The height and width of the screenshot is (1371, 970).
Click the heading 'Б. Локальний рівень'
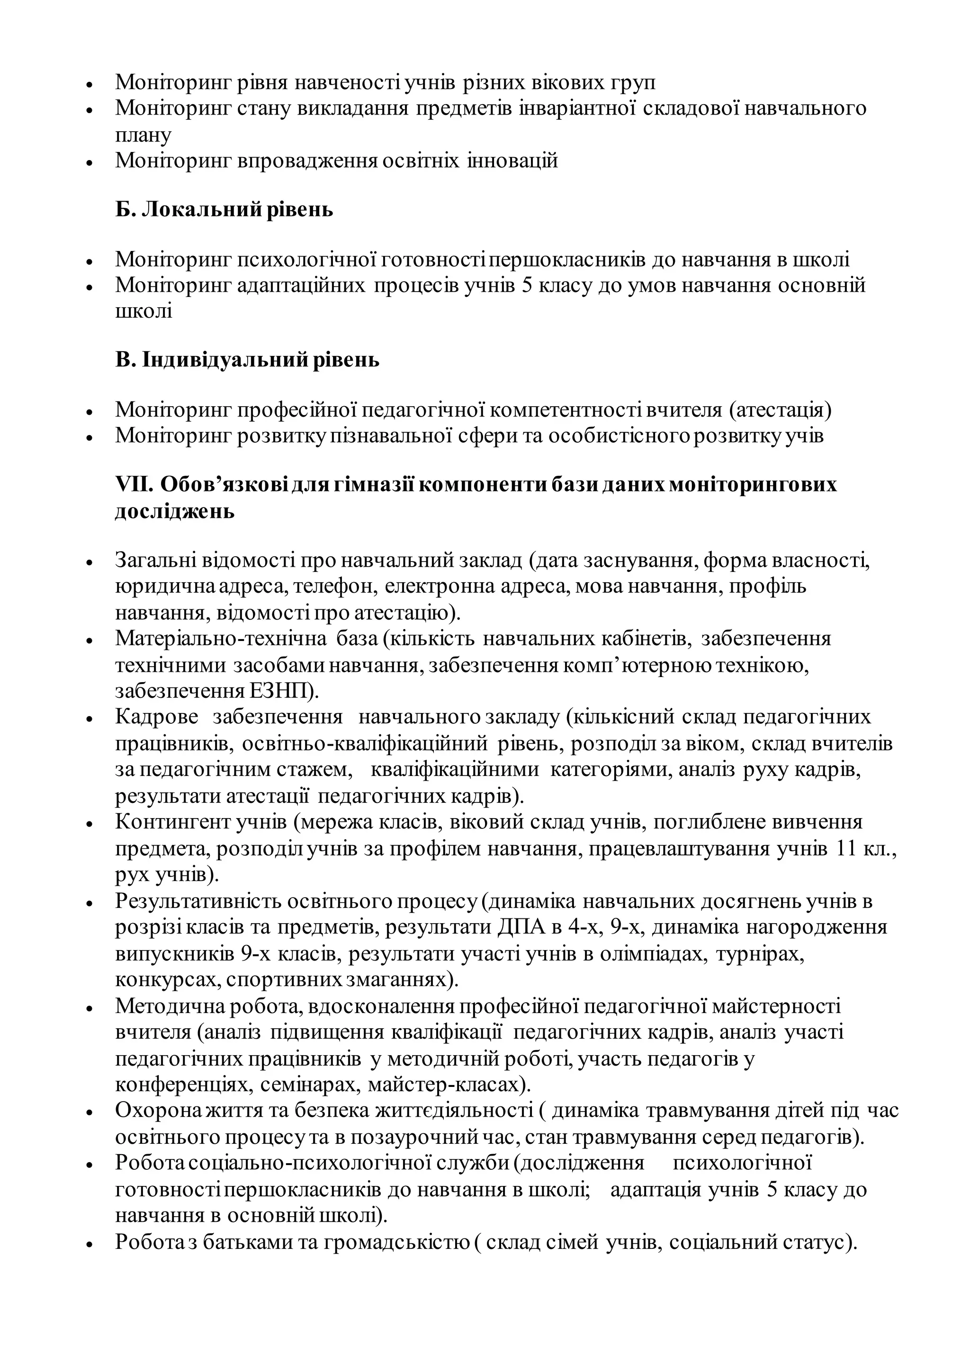tap(224, 210)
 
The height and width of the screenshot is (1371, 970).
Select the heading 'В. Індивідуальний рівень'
tap(247, 360)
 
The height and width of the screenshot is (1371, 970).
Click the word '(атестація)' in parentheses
tap(780, 410)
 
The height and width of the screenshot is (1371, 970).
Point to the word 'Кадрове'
tap(156, 717)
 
